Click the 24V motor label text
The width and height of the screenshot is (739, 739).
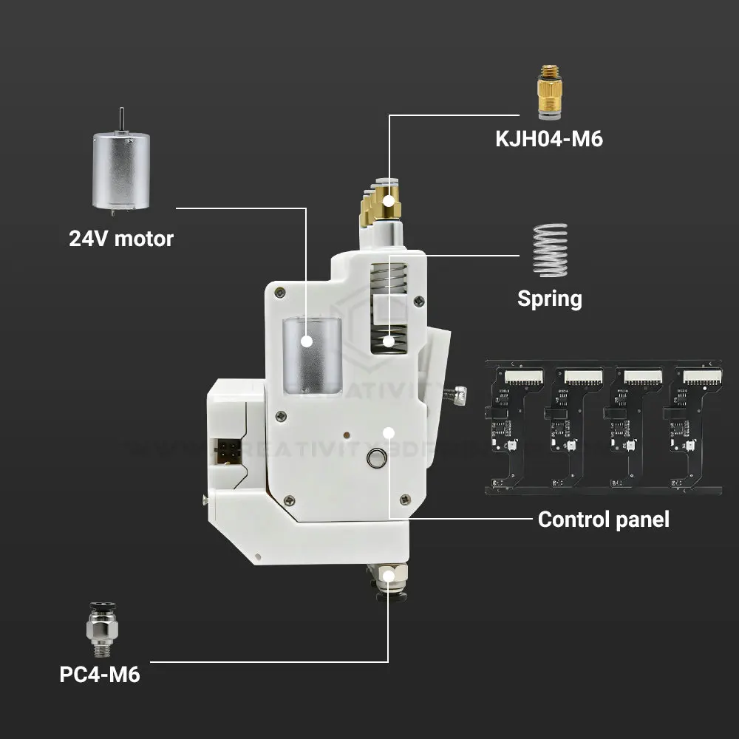point(121,239)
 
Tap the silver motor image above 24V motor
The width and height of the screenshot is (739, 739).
point(119,169)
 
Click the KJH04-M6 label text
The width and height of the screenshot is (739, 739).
point(549,138)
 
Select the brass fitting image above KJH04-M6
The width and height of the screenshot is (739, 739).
point(548,92)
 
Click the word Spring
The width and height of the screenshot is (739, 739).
point(549,299)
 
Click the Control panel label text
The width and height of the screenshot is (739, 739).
point(603,519)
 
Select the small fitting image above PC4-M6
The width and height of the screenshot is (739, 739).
point(100,629)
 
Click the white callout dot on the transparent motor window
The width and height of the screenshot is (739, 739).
point(306,342)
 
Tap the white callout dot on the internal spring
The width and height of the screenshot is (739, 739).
point(389,341)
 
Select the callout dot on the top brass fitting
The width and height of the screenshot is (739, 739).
point(389,200)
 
